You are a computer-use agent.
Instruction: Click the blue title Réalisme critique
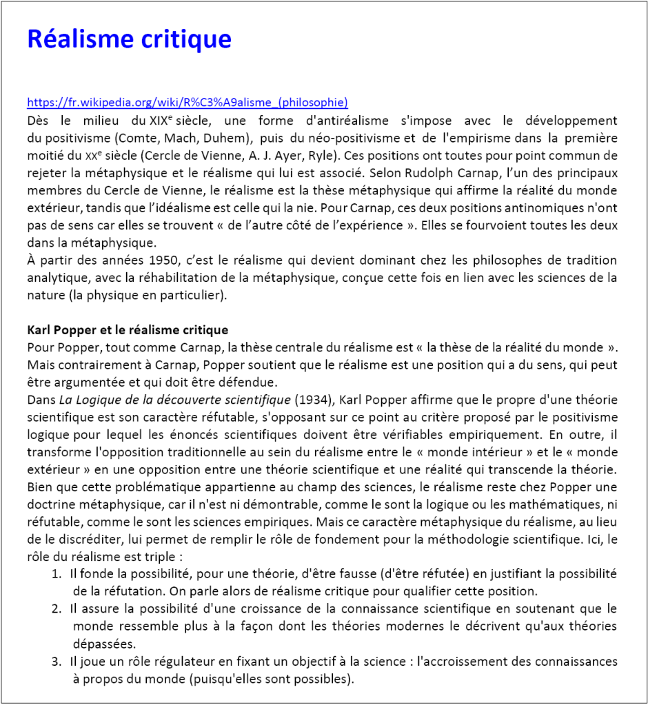tap(129, 39)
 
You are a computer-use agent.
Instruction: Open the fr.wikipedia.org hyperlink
tap(188, 103)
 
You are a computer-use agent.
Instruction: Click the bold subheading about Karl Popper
tap(128, 330)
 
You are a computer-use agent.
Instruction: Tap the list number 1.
tap(56, 574)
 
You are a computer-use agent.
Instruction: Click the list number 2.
tap(56, 609)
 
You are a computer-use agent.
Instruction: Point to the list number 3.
tap(56, 662)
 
